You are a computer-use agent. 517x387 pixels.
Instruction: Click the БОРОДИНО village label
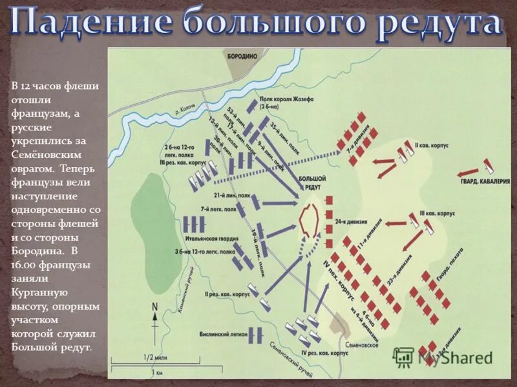(242, 57)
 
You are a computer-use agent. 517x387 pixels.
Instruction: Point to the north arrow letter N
(154, 307)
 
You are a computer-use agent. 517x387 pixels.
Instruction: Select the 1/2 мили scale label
(153, 357)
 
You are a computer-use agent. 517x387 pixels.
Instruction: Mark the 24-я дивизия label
(347, 222)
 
